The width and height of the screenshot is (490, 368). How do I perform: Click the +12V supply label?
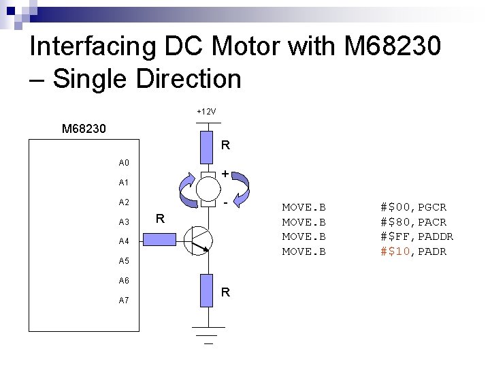point(206,111)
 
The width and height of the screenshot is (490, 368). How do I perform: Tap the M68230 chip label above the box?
point(83,128)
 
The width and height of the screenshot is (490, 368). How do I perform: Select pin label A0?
point(124,163)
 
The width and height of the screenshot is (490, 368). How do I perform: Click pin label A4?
point(124,241)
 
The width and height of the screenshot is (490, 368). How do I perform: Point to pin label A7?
point(124,301)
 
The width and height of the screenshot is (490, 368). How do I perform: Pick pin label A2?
point(124,202)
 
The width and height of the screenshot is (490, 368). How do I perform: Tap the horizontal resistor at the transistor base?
point(160,240)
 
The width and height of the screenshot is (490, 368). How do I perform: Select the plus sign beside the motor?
point(225,174)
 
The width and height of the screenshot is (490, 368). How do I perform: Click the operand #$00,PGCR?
point(413,207)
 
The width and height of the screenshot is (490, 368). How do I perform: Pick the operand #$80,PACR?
point(413,222)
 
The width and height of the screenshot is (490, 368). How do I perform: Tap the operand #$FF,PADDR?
point(416,237)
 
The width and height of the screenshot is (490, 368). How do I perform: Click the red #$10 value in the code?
point(396,252)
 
